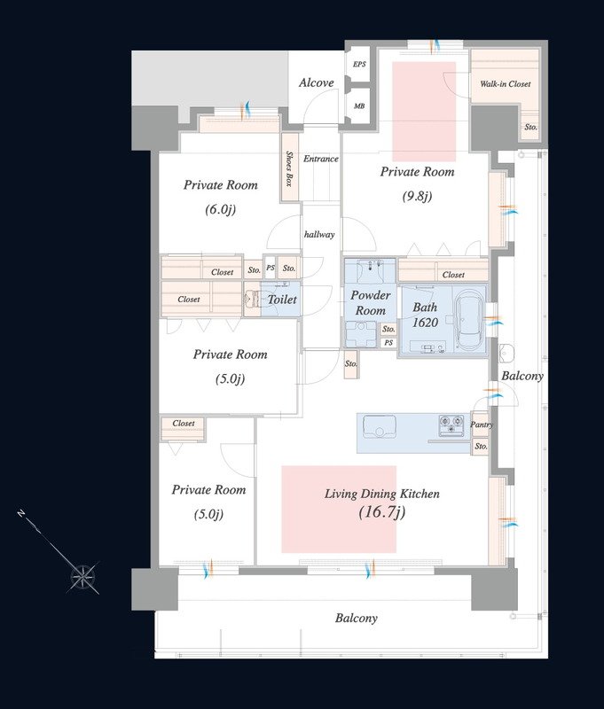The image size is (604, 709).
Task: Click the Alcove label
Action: point(317,82)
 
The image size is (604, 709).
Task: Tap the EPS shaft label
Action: point(359,64)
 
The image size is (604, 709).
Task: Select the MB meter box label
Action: point(359,105)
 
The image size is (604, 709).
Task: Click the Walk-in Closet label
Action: point(506,83)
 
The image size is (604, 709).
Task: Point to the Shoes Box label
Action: point(289,168)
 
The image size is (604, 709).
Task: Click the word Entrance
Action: point(321,159)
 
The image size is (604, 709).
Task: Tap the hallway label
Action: point(319,234)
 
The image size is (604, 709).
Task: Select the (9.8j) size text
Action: point(417,196)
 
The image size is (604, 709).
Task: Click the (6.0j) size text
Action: point(220,209)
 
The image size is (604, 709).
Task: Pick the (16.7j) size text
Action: point(382,512)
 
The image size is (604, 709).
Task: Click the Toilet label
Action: point(282,300)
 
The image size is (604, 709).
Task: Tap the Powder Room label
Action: point(371,303)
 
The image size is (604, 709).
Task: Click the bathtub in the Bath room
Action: point(471,319)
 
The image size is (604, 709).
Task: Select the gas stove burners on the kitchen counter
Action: point(451,425)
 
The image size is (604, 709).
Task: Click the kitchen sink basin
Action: point(379,426)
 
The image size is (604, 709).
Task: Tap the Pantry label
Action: point(482,425)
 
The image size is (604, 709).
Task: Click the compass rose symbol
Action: point(82,577)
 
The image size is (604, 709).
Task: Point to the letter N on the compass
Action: point(20,514)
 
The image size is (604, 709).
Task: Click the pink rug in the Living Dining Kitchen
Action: point(339,509)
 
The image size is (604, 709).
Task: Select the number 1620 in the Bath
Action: point(426,323)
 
